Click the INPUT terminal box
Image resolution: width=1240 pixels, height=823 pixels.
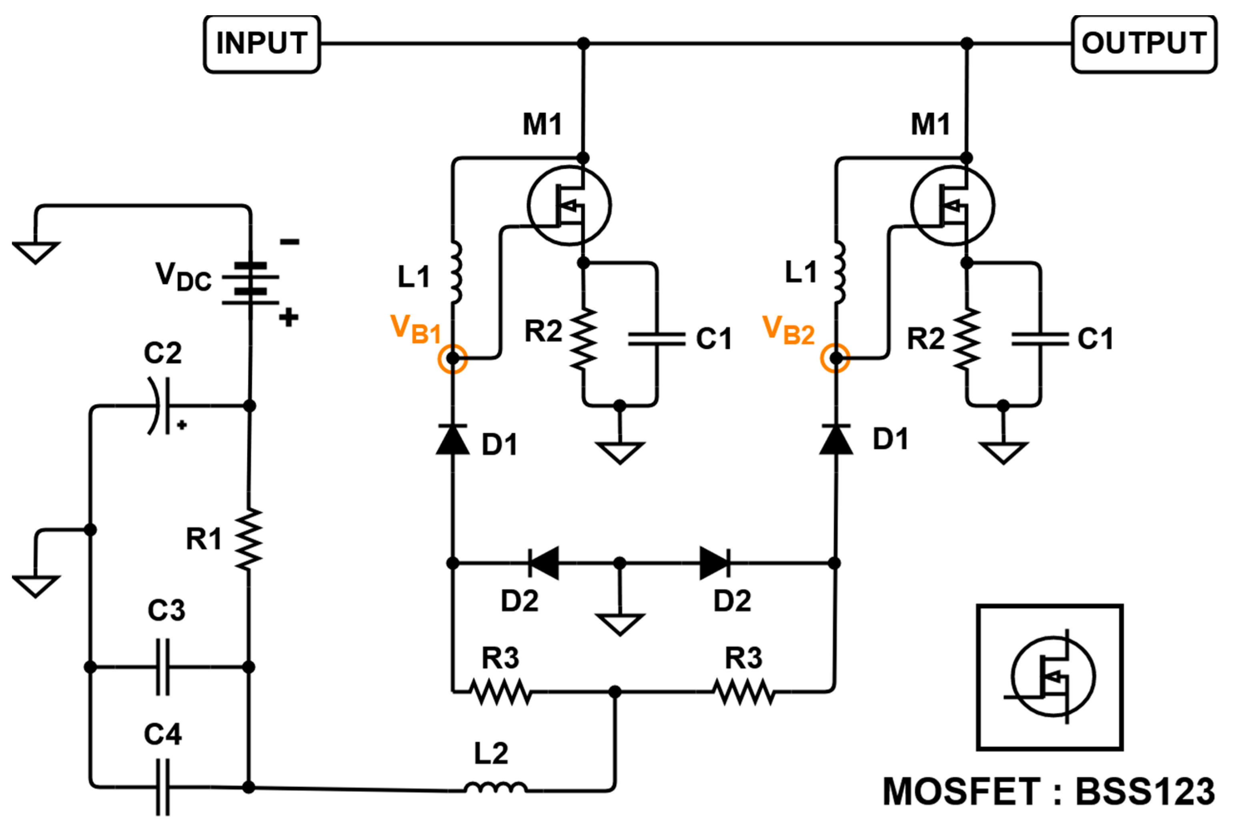point(261,44)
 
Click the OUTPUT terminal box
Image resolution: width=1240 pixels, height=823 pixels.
point(1144,44)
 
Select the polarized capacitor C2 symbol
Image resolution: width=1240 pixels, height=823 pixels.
point(160,406)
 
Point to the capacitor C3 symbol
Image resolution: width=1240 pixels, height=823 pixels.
point(163,667)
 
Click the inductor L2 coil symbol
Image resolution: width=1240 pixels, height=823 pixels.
point(495,787)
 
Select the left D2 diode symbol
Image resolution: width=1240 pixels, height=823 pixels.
point(543,563)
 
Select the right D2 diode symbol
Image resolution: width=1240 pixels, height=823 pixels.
point(715,563)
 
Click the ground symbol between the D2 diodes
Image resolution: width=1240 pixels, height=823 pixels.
point(620,624)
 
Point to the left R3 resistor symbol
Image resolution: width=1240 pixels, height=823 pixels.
point(501,692)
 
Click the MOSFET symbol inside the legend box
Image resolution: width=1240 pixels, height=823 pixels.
point(1052,677)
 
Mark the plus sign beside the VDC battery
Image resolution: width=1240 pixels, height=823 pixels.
point(288,317)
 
